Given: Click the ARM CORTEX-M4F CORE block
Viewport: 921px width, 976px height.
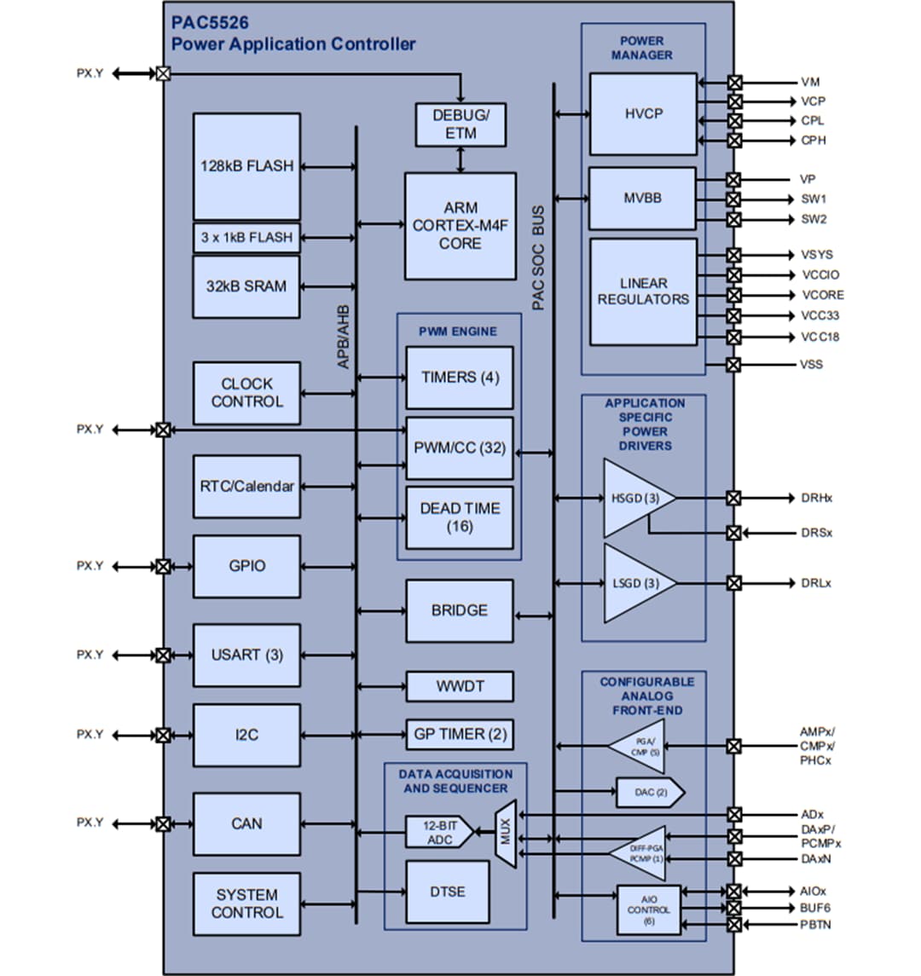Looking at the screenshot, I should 460,226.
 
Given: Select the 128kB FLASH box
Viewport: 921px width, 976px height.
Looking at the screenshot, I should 246,166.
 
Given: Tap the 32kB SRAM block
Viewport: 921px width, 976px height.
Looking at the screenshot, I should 246,287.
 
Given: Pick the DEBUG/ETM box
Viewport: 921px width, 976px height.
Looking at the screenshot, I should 460,124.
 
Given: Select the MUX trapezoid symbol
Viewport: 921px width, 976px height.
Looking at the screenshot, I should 506,834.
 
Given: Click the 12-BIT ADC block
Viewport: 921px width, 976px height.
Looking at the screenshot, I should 437,833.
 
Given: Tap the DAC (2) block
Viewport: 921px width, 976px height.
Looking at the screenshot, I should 648,793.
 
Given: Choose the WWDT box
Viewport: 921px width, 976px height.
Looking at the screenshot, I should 460,686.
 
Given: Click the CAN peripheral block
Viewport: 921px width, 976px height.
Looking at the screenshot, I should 246,824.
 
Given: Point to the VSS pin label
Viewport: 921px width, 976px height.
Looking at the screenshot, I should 812,365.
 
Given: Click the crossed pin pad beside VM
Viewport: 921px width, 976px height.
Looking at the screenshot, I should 734,83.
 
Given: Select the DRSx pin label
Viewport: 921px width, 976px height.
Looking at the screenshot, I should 816,533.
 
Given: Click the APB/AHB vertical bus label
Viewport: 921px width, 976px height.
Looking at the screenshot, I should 344,337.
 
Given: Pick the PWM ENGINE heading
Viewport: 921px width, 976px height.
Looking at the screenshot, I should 458,331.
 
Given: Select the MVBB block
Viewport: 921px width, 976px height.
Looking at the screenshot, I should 643,198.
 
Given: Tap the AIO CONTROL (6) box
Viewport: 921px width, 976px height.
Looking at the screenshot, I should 649,910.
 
